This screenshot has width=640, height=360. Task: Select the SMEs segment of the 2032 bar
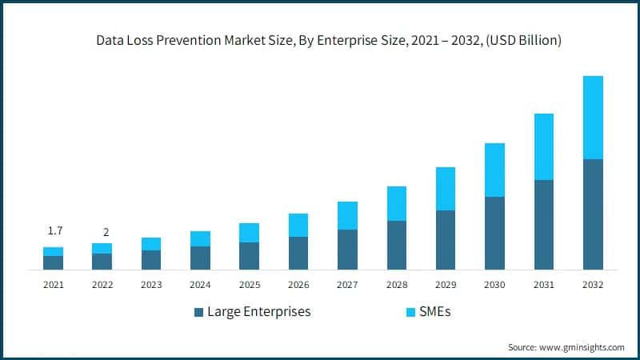[593, 118]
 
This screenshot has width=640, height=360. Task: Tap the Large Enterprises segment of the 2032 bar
[593, 214]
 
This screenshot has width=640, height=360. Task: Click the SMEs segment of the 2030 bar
[494, 170]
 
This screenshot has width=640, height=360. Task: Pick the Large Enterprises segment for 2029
[446, 240]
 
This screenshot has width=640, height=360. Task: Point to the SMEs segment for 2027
[347, 215]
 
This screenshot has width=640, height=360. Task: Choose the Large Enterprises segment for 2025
[250, 256]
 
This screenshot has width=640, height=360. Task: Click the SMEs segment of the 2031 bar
[543, 146]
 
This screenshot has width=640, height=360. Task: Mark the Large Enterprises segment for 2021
[54, 262]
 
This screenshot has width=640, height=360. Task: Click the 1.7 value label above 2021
[54, 231]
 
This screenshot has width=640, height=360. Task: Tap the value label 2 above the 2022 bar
[106, 232]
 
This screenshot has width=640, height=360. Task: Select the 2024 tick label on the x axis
[200, 285]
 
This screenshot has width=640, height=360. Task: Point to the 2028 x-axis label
[396, 285]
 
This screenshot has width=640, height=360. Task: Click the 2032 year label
[593, 285]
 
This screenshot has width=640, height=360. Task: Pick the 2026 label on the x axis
[298, 285]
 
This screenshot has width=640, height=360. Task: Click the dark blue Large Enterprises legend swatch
[198, 312]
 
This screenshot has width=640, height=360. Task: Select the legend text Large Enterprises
[258, 312]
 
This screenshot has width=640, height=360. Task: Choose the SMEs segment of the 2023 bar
[151, 244]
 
